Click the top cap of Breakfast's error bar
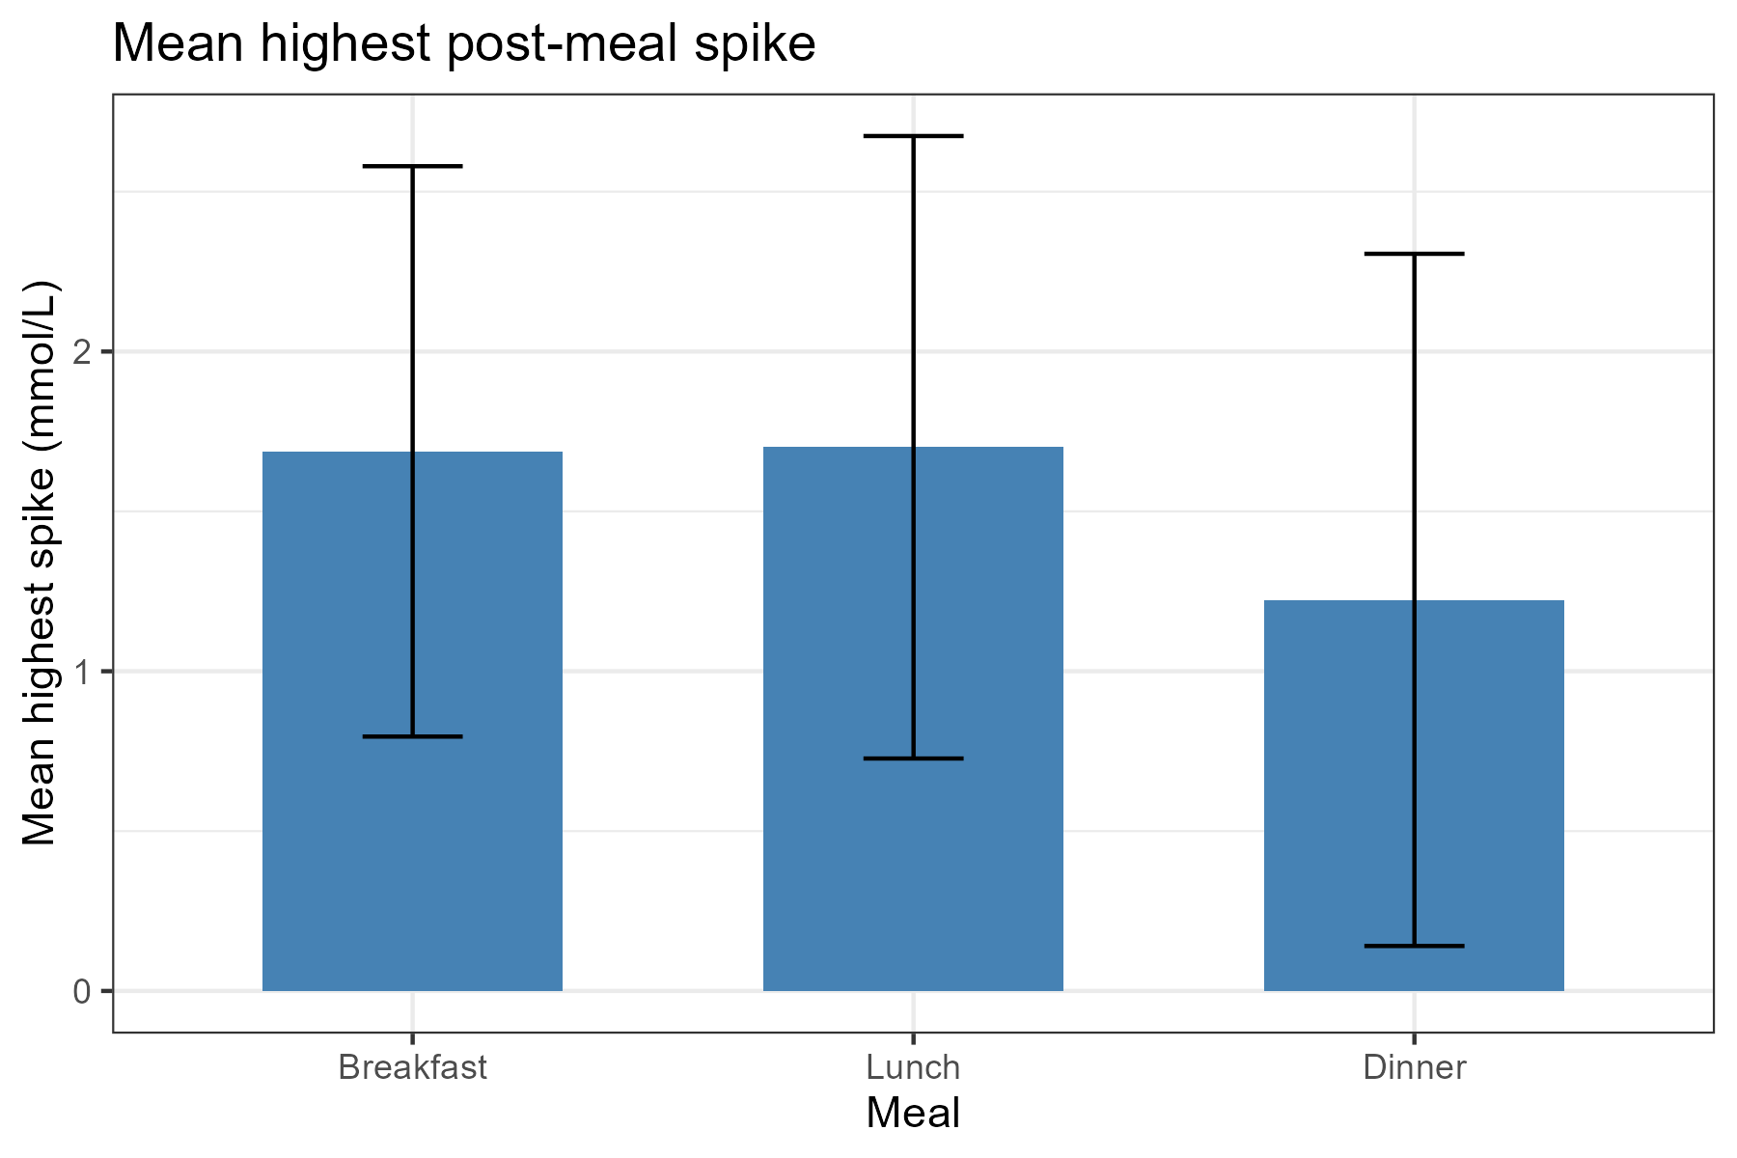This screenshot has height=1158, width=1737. (x=413, y=166)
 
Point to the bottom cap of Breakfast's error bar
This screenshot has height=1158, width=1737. (x=413, y=736)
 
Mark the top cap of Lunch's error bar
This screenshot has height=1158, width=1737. (x=913, y=136)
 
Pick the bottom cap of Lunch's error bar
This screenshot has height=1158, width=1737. (x=913, y=758)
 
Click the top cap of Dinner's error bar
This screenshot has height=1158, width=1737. (x=1414, y=254)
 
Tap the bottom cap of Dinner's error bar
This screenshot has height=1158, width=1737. (x=1414, y=946)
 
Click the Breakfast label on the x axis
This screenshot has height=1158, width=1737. (x=413, y=1068)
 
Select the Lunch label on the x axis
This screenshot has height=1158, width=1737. (x=913, y=1068)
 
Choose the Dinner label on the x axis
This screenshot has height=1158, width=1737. (x=1414, y=1068)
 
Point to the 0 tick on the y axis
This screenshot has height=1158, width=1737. (x=82, y=991)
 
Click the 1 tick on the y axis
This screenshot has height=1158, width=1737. (x=82, y=672)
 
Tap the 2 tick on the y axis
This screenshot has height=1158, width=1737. (x=82, y=352)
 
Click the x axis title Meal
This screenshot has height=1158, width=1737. (x=913, y=1114)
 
